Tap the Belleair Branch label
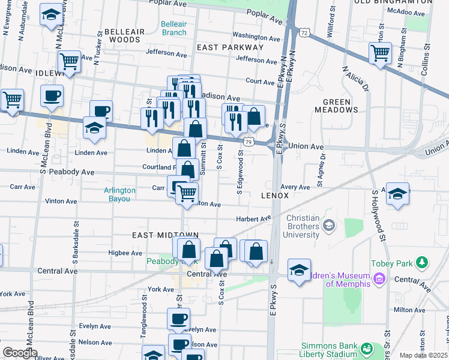pyautogui.click(x=173, y=28)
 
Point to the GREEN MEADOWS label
pyautogui.click(x=340, y=106)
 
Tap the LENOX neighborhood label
pyautogui.click(x=276, y=196)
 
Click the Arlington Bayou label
pyautogui.click(x=119, y=194)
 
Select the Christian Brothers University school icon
pyautogui.click(x=328, y=225)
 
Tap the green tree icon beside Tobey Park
pyautogui.click(x=423, y=262)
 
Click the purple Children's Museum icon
pyautogui.click(x=379, y=279)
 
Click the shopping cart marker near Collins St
pyautogui.click(x=380, y=53)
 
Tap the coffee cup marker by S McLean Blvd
pyautogui.click(x=52, y=95)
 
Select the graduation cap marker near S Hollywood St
pyautogui.click(x=397, y=194)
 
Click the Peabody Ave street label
pyautogui.click(x=76, y=172)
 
